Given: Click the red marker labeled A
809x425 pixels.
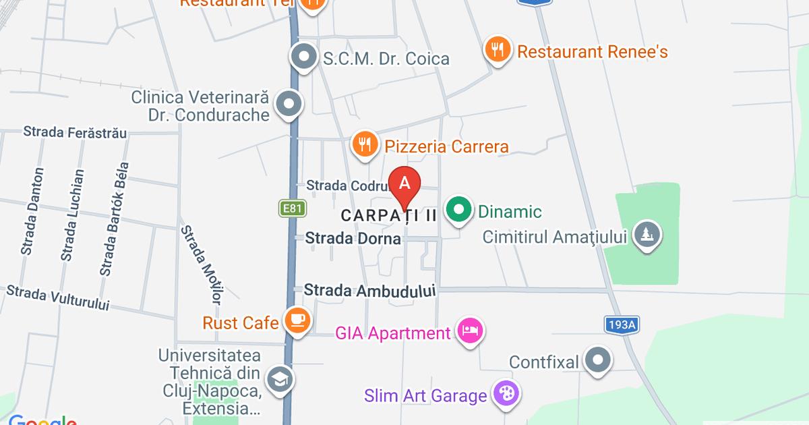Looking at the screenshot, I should tap(405, 184).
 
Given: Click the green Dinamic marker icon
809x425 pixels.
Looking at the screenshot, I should tap(459, 210).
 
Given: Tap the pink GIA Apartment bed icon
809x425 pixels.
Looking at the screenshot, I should tap(471, 331).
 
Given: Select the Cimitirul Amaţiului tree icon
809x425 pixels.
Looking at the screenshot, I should tap(648, 235).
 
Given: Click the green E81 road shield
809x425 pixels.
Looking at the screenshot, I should tap(292, 208).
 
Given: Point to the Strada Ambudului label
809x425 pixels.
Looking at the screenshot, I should tap(370, 291).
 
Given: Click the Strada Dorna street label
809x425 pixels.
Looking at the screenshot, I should tap(353, 238).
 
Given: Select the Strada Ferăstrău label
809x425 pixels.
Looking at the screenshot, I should tap(75, 132).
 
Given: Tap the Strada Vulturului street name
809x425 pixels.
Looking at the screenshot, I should tap(57, 298).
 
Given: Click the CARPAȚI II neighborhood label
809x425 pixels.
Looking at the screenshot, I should tap(389, 216).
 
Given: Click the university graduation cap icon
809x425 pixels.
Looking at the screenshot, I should tap(279, 379).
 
